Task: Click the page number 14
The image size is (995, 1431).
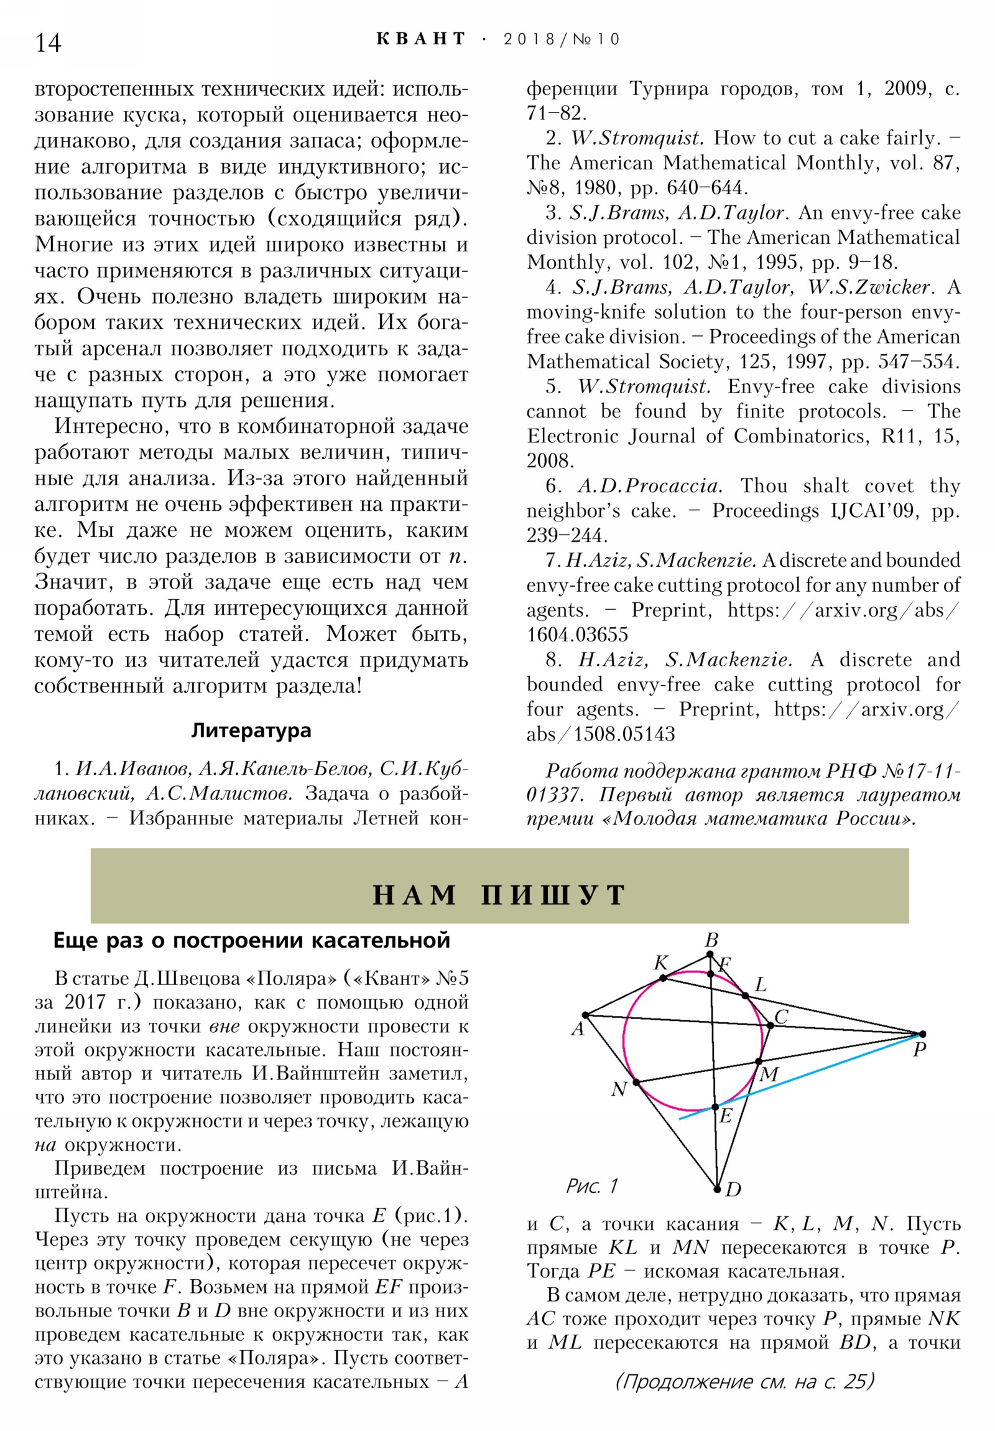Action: pos(48,43)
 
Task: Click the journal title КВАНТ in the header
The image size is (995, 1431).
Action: pos(420,39)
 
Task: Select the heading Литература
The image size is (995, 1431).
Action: pos(251,730)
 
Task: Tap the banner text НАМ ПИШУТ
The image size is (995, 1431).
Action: pos(499,895)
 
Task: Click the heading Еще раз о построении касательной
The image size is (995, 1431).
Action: pos(251,941)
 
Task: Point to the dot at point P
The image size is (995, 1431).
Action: pos(923,1034)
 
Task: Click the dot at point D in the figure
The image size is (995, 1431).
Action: pos(717,1189)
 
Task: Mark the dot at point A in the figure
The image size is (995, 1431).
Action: pos(585,1015)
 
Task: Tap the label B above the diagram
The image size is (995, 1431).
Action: pos(711,940)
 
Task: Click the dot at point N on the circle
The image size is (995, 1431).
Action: pos(636,1082)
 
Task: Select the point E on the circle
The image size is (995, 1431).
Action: pos(715,1107)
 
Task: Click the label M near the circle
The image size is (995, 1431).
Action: pos(769,1074)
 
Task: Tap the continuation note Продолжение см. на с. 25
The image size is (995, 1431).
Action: pos(744,1382)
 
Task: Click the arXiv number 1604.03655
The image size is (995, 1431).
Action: pos(578,635)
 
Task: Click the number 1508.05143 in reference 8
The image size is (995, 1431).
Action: pos(624,734)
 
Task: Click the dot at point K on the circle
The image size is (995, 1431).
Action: pos(663,978)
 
